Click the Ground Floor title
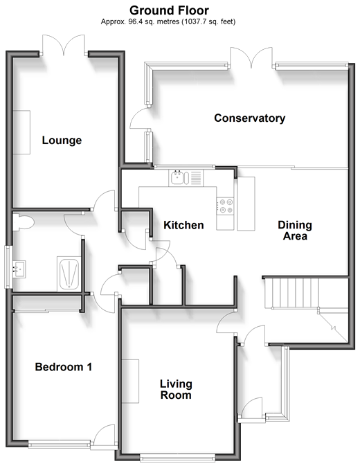point(169,10)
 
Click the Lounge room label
point(62,141)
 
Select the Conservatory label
point(249,118)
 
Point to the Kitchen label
point(183,225)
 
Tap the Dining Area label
point(295,231)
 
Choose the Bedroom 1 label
point(64,367)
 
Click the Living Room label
point(176,389)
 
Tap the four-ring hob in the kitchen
point(225,206)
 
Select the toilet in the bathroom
point(23,222)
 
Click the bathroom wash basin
point(19,269)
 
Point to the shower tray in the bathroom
point(69,274)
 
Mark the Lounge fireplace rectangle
point(21,132)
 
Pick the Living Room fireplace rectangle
point(130,382)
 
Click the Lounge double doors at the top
point(64,45)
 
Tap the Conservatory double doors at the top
point(251,57)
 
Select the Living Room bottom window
point(177,457)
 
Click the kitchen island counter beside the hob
point(246,204)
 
